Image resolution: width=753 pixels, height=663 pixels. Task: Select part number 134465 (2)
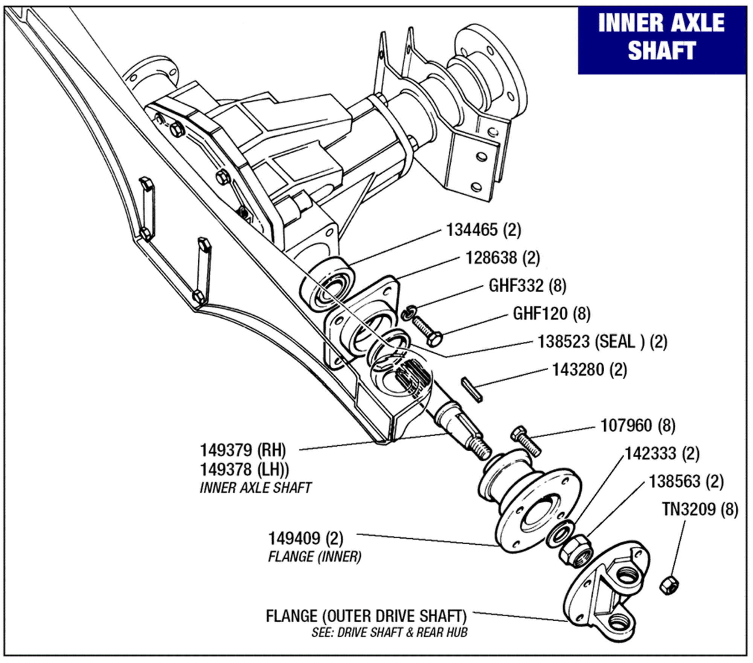pyautogui.click(x=483, y=229)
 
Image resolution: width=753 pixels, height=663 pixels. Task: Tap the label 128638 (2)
pyautogui.click(x=503, y=258)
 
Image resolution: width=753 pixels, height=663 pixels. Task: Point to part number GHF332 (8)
pyautogui.click(x=527, y=286)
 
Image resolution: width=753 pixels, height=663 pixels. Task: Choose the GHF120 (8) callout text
pyautogui.click(x=552, y=313)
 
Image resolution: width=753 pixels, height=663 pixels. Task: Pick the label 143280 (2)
pyautogui.click(x=589, y=370)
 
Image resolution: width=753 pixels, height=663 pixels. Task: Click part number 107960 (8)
pyautogui.click(x=637, y=426)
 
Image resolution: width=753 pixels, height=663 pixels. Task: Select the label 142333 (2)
pyautogui.click(x=662, y=454)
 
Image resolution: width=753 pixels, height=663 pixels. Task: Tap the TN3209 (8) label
pyautogui.click(x=700, y=509)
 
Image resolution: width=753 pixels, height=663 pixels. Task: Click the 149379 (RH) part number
pyautogui.click(x=243, y=450)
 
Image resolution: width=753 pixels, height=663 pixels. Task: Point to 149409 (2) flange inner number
pyautogui.click(x=305, y=539)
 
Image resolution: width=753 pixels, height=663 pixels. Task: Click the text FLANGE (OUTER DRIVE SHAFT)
pyautogui.click(x=366, y=616)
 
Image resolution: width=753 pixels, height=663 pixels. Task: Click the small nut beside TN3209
pyautogui.click(x=669, y=585)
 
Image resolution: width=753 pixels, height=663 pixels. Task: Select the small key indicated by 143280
pyautogui.click(x=472, y=390)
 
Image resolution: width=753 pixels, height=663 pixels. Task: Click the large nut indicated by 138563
pyautogui.click(x=575, y=551)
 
